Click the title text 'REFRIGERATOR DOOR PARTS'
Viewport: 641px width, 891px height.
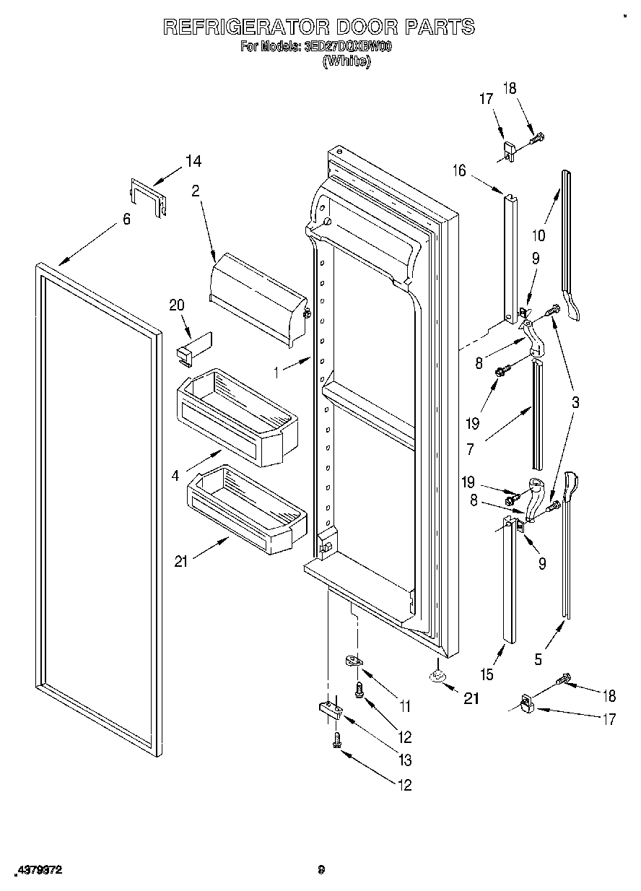[x=319, y=27]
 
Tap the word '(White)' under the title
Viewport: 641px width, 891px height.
[x=347, y=61]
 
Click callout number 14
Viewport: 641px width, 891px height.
[x=193, y=161]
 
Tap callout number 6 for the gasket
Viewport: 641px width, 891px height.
[x=126, y=219]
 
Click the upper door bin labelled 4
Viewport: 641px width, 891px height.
[x=236, y=417]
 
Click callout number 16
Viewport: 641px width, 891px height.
[x=459, y=170]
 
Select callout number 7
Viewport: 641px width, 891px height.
[x=470, y=448]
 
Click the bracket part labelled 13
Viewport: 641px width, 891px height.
[x=330, y=710]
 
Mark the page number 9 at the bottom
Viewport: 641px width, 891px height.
[x=321, y=870]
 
